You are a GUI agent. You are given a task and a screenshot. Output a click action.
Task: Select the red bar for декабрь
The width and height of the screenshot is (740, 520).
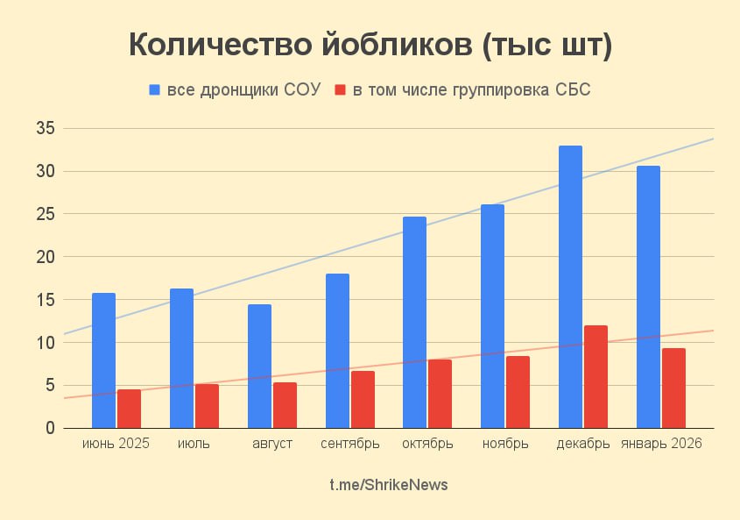[596, 377]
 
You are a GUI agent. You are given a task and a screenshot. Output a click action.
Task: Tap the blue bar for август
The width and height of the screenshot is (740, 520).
[259, 367]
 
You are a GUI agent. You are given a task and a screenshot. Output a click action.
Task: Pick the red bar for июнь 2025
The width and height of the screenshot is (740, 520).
[129, 409]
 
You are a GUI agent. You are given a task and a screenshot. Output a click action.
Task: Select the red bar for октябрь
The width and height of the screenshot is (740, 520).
[440, 394]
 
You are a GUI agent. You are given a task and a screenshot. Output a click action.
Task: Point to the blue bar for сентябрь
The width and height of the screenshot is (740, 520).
[337, 351]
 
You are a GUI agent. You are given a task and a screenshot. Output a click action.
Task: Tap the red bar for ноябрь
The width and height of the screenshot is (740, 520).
[518, 392]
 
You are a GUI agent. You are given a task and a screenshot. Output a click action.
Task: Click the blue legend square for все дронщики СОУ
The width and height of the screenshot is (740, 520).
[155, 90]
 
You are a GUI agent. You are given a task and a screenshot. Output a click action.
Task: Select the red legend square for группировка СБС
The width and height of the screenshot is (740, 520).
[341, 90]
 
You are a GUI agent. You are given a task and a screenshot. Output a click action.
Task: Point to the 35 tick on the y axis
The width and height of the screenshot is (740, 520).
[46, 129]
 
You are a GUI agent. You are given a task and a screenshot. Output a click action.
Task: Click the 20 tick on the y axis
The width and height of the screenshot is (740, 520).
[46, 257]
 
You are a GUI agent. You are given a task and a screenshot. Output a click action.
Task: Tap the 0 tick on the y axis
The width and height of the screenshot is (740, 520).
[50, 428]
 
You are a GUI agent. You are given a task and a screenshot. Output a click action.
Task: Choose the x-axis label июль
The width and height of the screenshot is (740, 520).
[194, 444]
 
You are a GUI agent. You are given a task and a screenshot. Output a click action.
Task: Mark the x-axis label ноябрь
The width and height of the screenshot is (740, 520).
[505, 444]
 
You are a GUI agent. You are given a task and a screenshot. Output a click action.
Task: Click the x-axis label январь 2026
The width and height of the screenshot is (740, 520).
[661, 444]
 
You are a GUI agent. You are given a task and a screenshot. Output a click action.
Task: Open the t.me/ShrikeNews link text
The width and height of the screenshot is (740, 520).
[389, 485]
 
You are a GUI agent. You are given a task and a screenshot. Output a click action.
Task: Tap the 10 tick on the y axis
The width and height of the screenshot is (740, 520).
[46, 343]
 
